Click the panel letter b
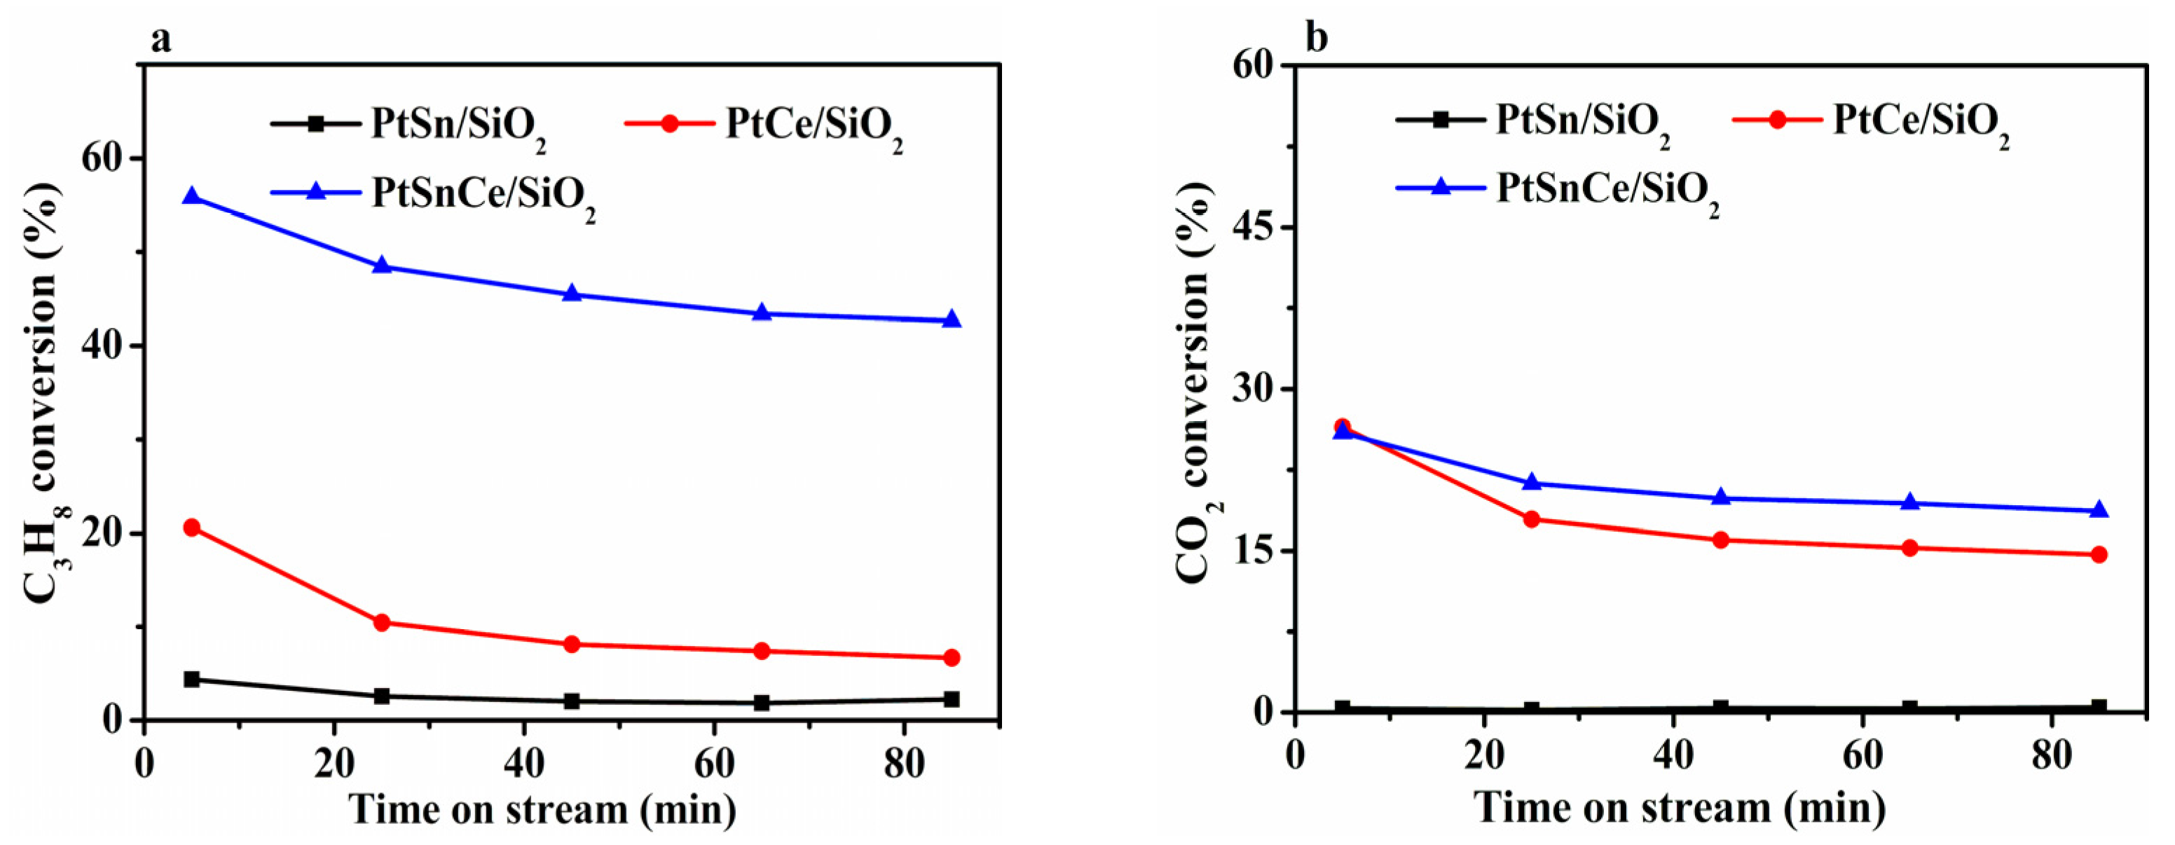[x=1317, y=38]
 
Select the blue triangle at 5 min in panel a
[x=192, y=196]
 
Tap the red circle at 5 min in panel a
[x=192, y=528]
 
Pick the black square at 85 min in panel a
[x=952, y=699]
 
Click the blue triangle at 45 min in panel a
[x=572, y=294]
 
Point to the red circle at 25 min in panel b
[x=1532, y=518]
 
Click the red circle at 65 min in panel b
[x=1910, y=548]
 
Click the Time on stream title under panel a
[x=542, y=809]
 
